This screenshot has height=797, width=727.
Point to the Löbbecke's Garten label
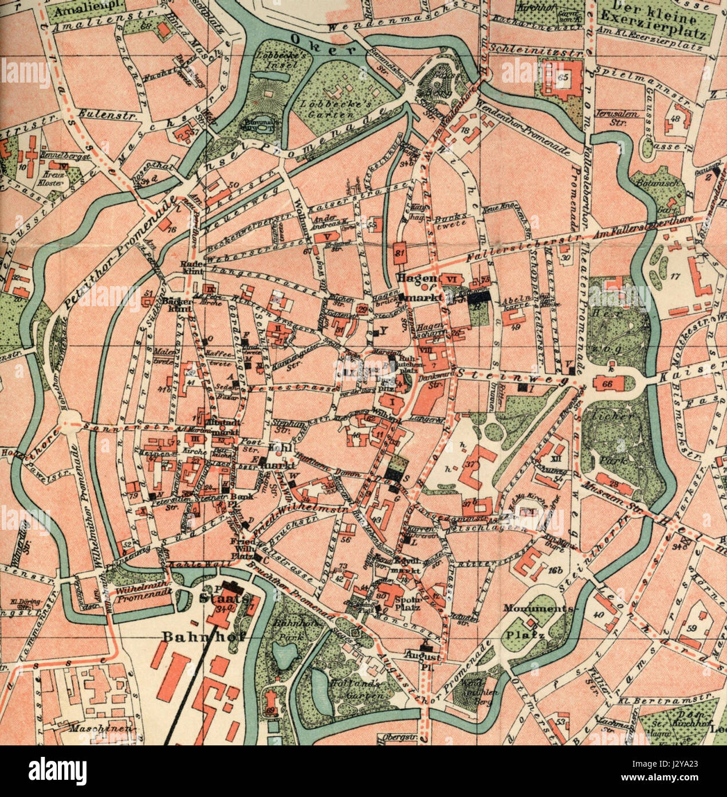tap(326, 109)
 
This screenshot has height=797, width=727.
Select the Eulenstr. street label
tap(99, 112)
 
